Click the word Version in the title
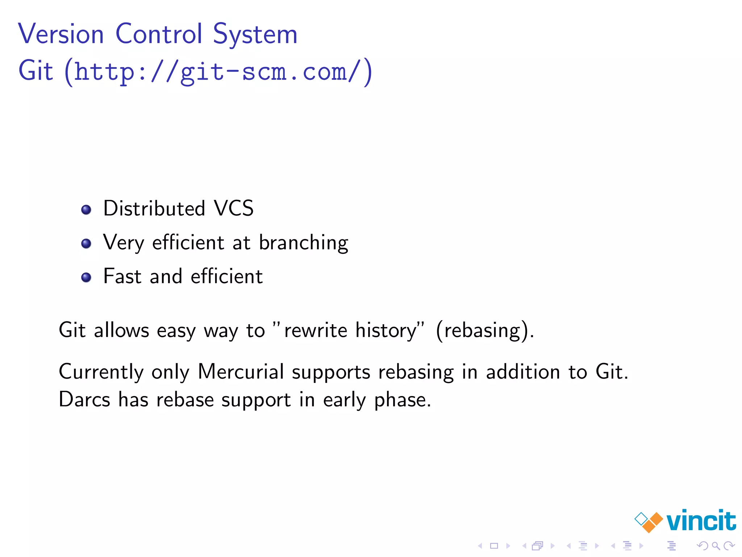click(61, 34)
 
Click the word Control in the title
click(159, 34)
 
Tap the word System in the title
click(255, 35)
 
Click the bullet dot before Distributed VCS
click(86, 210)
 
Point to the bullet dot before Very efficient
click(86, 243)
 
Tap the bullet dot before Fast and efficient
click(86, 277)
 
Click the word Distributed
click(154, 209)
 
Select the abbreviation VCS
click(234, 209)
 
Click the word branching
click(304, 243)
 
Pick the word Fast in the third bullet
click(122, 276)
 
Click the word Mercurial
click(241, 372)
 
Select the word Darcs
click(84, 400)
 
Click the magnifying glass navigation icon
click(716, 545)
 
